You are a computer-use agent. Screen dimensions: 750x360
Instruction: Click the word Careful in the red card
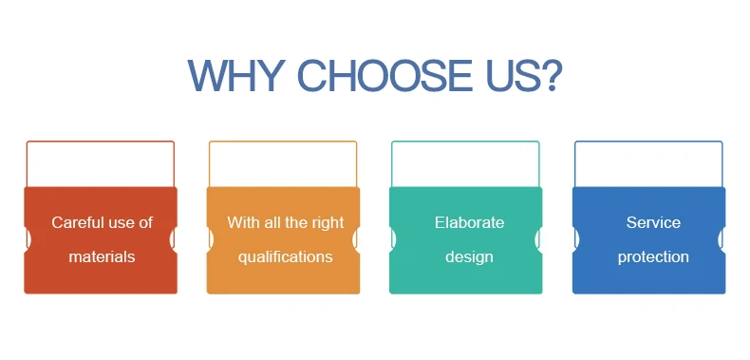click(77, 222)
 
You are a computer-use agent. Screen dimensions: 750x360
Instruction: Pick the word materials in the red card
click(102, 257)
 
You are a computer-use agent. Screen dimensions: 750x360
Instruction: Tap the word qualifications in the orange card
click(286, 257)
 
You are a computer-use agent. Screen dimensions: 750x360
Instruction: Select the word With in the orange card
click(241, 222)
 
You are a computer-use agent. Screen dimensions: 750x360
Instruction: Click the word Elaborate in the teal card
click(469, 222)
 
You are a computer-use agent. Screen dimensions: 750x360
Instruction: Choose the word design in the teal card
click(469, 257)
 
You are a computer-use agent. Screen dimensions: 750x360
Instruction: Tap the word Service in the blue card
click(653, 222)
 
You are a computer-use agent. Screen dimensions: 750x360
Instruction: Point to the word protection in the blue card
click(653, 257)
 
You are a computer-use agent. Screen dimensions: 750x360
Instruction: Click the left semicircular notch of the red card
click(28, 239)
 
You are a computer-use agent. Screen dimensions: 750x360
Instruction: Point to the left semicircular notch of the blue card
click(576, 239)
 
